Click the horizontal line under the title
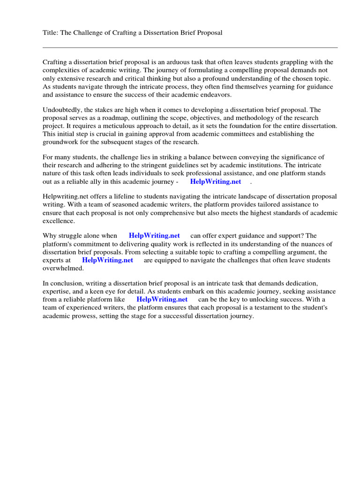(190, 47)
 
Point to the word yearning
(257, 87)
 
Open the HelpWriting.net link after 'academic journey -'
(216, 181)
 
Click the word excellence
(59, 221)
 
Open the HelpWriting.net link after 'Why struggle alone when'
(154, 236)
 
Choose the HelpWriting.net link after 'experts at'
(107, 260)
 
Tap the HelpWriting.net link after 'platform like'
(162, 300)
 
